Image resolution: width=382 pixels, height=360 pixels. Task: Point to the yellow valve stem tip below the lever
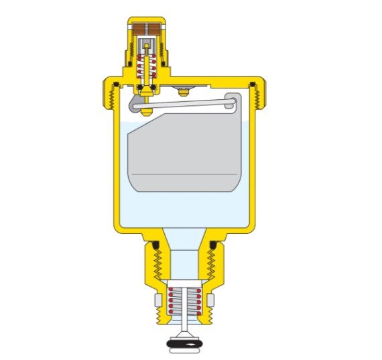pos(145,111)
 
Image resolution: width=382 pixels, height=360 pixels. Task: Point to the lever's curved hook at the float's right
pos(233,102)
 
